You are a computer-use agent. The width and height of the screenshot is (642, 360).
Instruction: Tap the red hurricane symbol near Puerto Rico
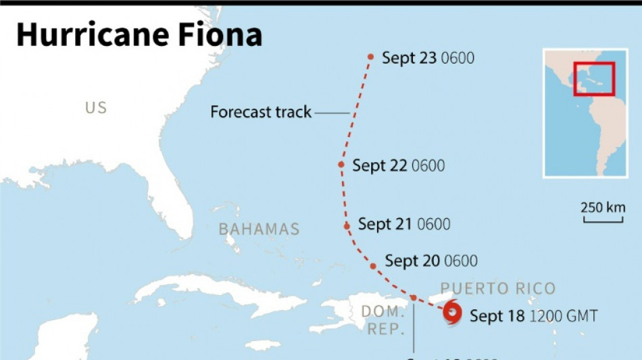pyautogui.click(x=451, y=313)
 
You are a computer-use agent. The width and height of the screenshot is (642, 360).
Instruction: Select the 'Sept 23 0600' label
pyautogui.click(x=428, y=58)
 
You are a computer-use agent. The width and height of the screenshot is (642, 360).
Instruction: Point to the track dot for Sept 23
pyautogui.click(x=371, y=57)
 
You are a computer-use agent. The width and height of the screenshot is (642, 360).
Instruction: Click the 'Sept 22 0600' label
pyautogui.click(x=398, y=165)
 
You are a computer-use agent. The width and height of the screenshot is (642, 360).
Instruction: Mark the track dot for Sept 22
pyautogui.click(x=342, y=164)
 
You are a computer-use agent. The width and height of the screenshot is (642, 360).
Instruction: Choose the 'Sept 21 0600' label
pyautogui.click(x=403, y=224)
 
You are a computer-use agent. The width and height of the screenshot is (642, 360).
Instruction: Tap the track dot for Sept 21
pyautogui.click(x=347, y=226)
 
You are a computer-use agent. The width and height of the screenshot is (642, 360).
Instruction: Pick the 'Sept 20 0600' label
pyautogui.click(x=430, y=261)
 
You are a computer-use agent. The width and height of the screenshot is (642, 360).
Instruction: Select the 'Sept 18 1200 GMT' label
pyautogui.click(x=533, y=315)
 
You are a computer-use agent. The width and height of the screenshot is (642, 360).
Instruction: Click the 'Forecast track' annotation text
pyautogui.click(x=261, y=112)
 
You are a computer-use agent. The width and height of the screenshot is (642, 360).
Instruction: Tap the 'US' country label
pyautogui.click(x=96, y=108)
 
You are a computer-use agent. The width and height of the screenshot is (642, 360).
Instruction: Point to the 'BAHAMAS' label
pyautogui.click(x=259, y=230)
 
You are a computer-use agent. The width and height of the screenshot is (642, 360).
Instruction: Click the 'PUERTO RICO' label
pyautogui.click(x=497, y=289)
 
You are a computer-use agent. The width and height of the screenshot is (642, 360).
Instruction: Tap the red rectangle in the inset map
pyautogui.click(x=593, y=79)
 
